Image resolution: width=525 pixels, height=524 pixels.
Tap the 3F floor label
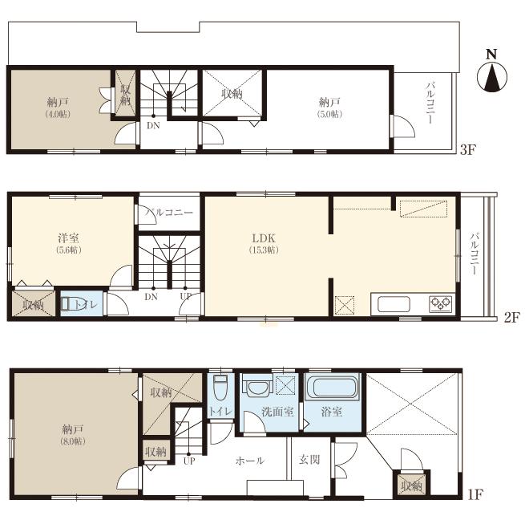point(468,150)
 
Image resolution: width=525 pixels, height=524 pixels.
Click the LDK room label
point(264,239)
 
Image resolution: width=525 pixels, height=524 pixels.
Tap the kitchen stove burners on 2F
point(440,303)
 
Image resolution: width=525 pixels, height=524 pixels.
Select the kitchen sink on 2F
point(393,304)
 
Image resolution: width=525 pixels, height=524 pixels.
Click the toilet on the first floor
point(220,387)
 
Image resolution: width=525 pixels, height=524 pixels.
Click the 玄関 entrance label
point(309,461)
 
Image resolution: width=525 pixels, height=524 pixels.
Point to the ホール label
point(248,461)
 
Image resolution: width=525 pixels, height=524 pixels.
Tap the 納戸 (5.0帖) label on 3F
point(329,108)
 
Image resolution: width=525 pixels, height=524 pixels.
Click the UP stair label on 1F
point(189,461)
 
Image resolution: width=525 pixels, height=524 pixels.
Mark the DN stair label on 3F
point(151,124)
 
